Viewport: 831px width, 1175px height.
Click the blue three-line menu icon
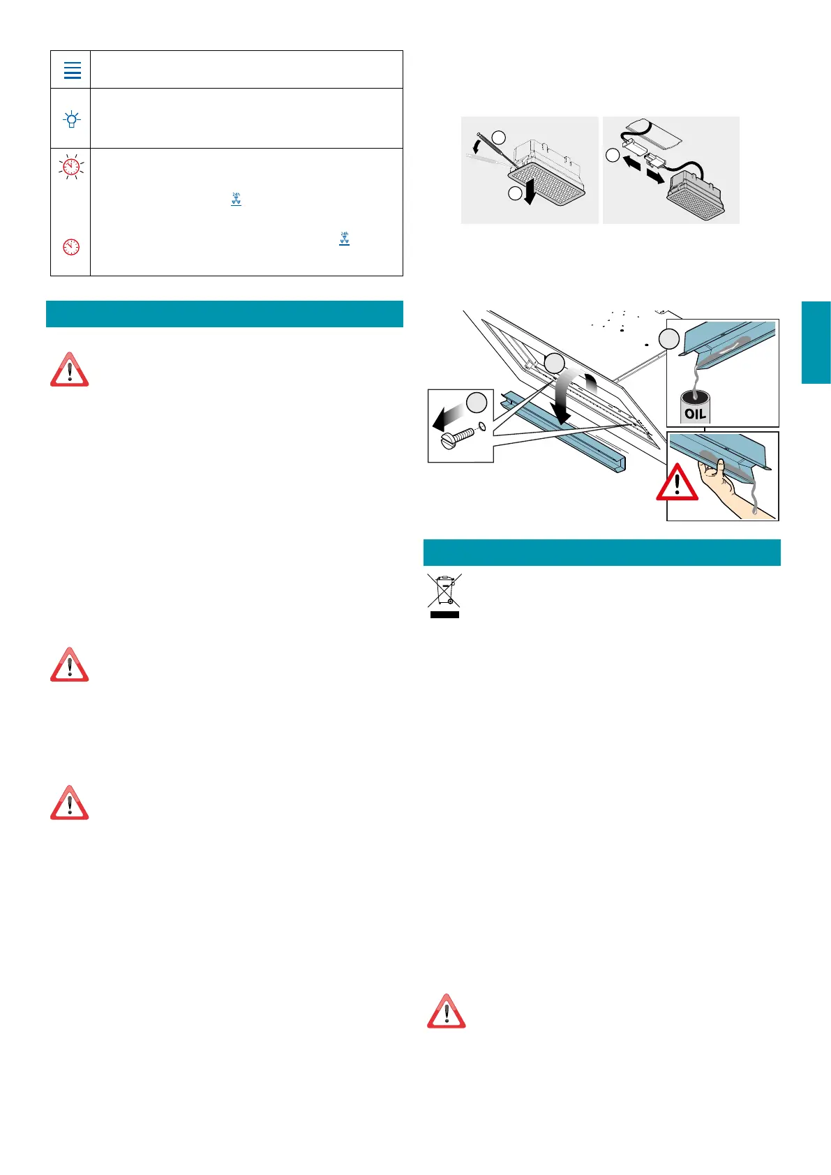pyautogui.click(x=72, y=70)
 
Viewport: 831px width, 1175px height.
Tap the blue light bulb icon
pyautogui.click(x=71, y=120)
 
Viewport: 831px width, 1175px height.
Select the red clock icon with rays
pyautogui.click(x=71, y=167)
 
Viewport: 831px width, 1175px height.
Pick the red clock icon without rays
pyautogui.click(x=71, y=247)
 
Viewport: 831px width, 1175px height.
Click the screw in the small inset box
pyautogui.click(x=458, y=438)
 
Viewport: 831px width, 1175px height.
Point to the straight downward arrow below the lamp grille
pyautogui.click(x=531, y=193)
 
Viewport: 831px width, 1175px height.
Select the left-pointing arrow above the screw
pyautogui.click(x=447, y=419)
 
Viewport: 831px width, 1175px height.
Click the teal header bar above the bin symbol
pyautogui.click(x=601, y=552)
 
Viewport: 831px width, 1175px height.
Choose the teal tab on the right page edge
pyautogui.click(x=816, y=342)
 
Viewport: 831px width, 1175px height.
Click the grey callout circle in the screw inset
pyautogui.click(x=477, y=402)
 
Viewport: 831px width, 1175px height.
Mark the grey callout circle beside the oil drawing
pyautogui.click(x=669, y=339)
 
